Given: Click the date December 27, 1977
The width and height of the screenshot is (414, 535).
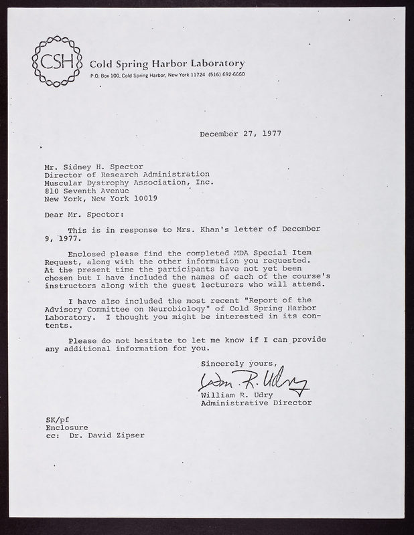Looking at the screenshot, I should click(x=240, y=133).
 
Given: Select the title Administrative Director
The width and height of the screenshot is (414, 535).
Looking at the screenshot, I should click(x=255, y=403).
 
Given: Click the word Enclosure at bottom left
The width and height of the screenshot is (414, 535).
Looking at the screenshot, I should click(x=67, y=426).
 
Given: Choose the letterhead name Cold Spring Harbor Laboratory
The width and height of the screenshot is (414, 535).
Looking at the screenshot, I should click(x=167, y=63).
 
